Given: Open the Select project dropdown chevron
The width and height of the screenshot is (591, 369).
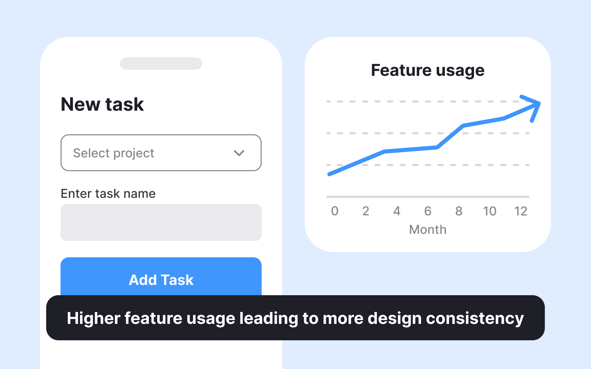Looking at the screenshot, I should pyautogui.click(x=239, y=153).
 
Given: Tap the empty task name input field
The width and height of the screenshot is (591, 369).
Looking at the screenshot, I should pyautogui.click(x=161, y=222).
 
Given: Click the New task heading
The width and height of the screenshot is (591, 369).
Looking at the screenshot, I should pyautogui.click(x=102, y=104).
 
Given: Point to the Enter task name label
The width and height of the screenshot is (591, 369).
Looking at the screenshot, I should pyautogui.click(x=108, y=194).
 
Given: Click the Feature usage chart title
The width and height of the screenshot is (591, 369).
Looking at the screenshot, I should pyautogui.click(x=428, y=70).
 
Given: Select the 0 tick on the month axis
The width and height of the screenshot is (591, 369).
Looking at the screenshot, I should pyautogui.click(x=335, y=211).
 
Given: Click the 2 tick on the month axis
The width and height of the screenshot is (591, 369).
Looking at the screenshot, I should pyautogui.click(x=366, y=211).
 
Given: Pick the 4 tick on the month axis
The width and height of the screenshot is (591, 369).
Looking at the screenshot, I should pyautogui.click(x=397, y=211).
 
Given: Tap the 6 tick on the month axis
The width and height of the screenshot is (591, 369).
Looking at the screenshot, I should pyautogui.click(x=428, y=211).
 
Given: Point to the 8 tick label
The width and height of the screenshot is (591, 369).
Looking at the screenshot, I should pyautogui.click(x=459, y=211).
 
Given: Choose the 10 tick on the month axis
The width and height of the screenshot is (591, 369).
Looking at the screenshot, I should pyautogui.click(x=490, y=211).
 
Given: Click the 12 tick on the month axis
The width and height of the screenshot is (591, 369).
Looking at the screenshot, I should pyautogui.click(x=521, y=211).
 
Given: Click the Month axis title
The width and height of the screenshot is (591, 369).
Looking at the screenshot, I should pyautogui.click(x=428, y=230).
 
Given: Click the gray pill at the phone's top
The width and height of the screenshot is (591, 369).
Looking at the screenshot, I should pyautogui.click(x=161, y=64).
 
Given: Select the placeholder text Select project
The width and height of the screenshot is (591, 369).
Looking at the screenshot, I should pyautogui.click(x=114, y=153).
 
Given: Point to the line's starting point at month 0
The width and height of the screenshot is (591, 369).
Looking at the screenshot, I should pyautogui.click(x=329, y=174).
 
